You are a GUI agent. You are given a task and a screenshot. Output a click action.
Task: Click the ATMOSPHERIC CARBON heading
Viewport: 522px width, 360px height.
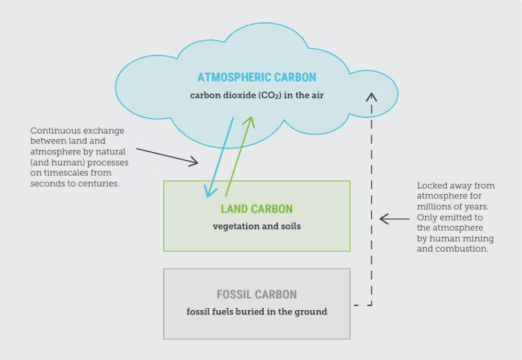click(x=257, y=77)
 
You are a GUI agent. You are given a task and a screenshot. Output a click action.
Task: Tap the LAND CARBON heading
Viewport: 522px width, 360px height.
click(x=257, y=209)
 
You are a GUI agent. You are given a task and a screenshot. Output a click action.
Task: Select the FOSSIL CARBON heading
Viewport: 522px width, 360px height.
click(x=257, y=295)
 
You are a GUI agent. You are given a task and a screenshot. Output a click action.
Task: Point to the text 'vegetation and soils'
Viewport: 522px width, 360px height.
click(x=257, y=226)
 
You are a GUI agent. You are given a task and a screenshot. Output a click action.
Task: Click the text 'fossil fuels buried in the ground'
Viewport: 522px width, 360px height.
click(x=257, y=312)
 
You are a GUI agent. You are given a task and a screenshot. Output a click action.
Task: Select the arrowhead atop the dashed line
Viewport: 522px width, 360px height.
click(x=371, y=97)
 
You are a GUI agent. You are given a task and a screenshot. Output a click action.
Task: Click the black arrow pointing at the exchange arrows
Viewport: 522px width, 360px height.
click(x=167, y=156)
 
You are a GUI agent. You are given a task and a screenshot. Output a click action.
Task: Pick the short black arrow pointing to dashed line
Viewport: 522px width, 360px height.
click(x=394, y=219)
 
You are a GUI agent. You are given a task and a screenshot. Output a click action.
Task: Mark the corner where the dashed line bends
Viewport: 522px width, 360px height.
click(x=371, y=305)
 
